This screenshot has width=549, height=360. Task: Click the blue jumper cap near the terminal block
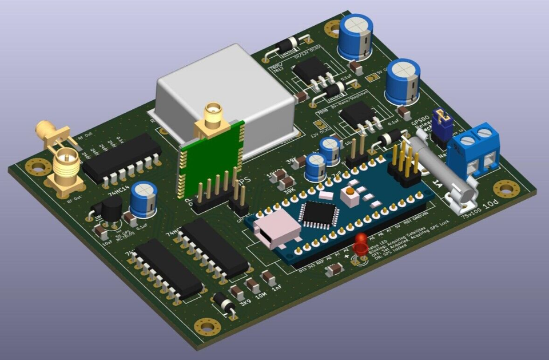point(441,118)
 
